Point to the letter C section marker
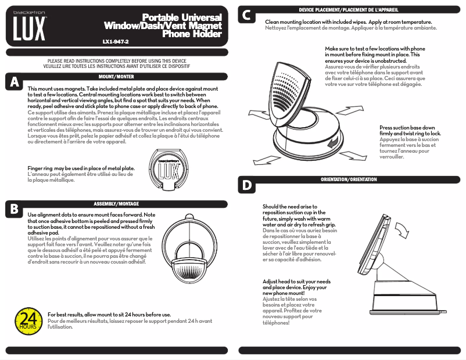point(247,16)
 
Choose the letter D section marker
point(247,185)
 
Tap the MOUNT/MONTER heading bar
point(116,77)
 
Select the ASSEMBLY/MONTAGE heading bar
point(116,204)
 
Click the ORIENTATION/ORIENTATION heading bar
point(349,180)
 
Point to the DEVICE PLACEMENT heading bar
point(349,10)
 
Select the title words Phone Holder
point(192,34)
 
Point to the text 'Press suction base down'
point(407,127)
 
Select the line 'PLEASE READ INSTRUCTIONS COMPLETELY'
point(116,60)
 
